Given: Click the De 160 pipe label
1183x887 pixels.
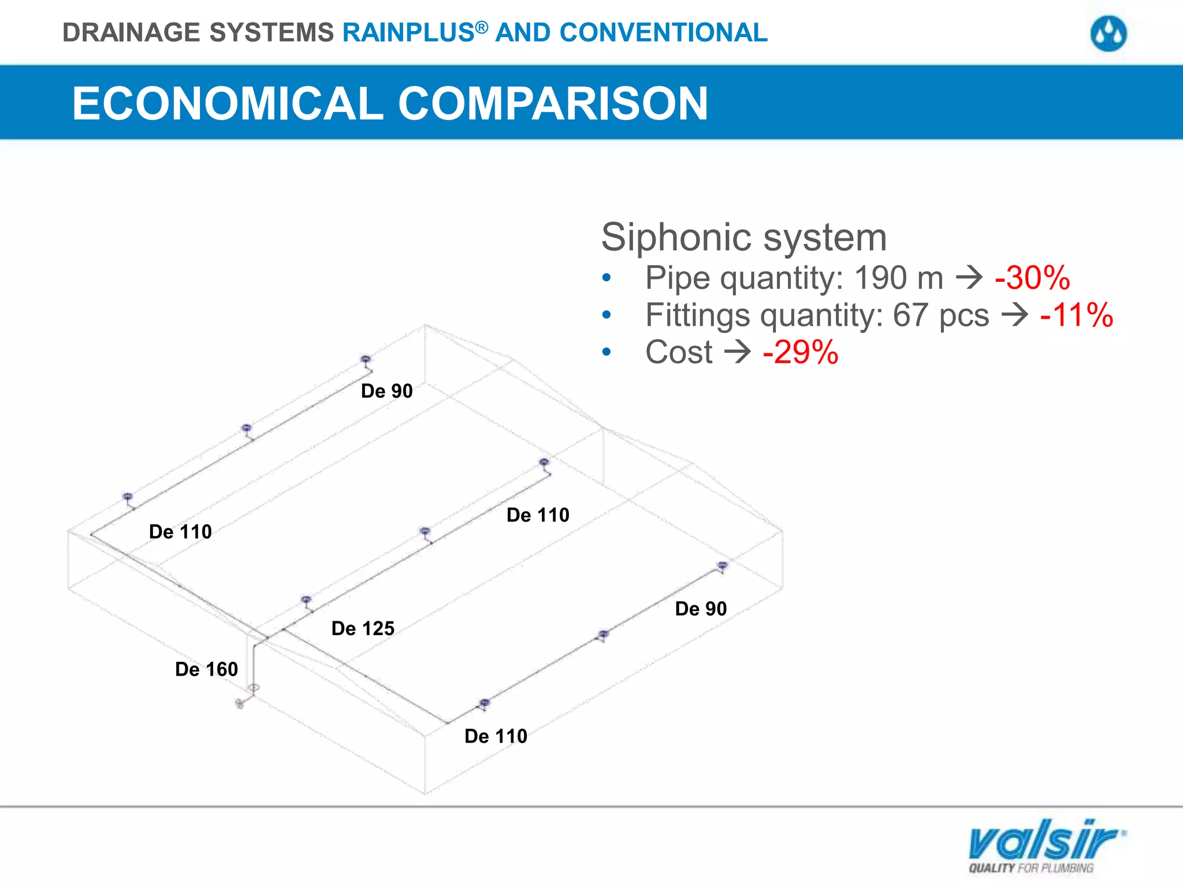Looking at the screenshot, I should [206, 669].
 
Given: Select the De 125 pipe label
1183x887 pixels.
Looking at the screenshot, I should [363, 628].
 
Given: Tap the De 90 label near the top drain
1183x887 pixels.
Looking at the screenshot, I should [386, 391].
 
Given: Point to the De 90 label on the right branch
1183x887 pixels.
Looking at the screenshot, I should [701, 609].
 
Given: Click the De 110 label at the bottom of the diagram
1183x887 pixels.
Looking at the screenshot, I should [496, 736].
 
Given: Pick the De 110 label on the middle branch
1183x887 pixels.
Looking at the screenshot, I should [538, 515].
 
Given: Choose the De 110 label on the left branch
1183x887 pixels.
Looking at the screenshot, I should [180, 532].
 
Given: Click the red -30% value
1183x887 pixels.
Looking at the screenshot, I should [1032, 278].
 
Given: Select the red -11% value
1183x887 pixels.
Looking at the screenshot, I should [1076, 315].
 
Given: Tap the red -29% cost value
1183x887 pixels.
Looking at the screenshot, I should [800, 352].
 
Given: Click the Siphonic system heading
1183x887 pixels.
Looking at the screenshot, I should [743, 237].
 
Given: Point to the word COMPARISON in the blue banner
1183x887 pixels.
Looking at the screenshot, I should [553, 103].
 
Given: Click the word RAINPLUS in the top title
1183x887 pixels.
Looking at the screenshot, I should [408, 32].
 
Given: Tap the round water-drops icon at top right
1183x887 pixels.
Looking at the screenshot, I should [1108, 33].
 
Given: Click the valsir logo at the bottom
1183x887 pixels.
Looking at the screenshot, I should [1046, 844].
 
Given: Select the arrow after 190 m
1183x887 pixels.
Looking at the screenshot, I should [969, 278].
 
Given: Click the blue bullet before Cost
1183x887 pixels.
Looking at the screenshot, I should [606, 352].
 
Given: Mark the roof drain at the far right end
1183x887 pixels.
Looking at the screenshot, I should [722, 565].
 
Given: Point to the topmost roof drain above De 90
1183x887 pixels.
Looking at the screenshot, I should [365, 359].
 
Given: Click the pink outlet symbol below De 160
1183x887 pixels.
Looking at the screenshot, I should [240, 703].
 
